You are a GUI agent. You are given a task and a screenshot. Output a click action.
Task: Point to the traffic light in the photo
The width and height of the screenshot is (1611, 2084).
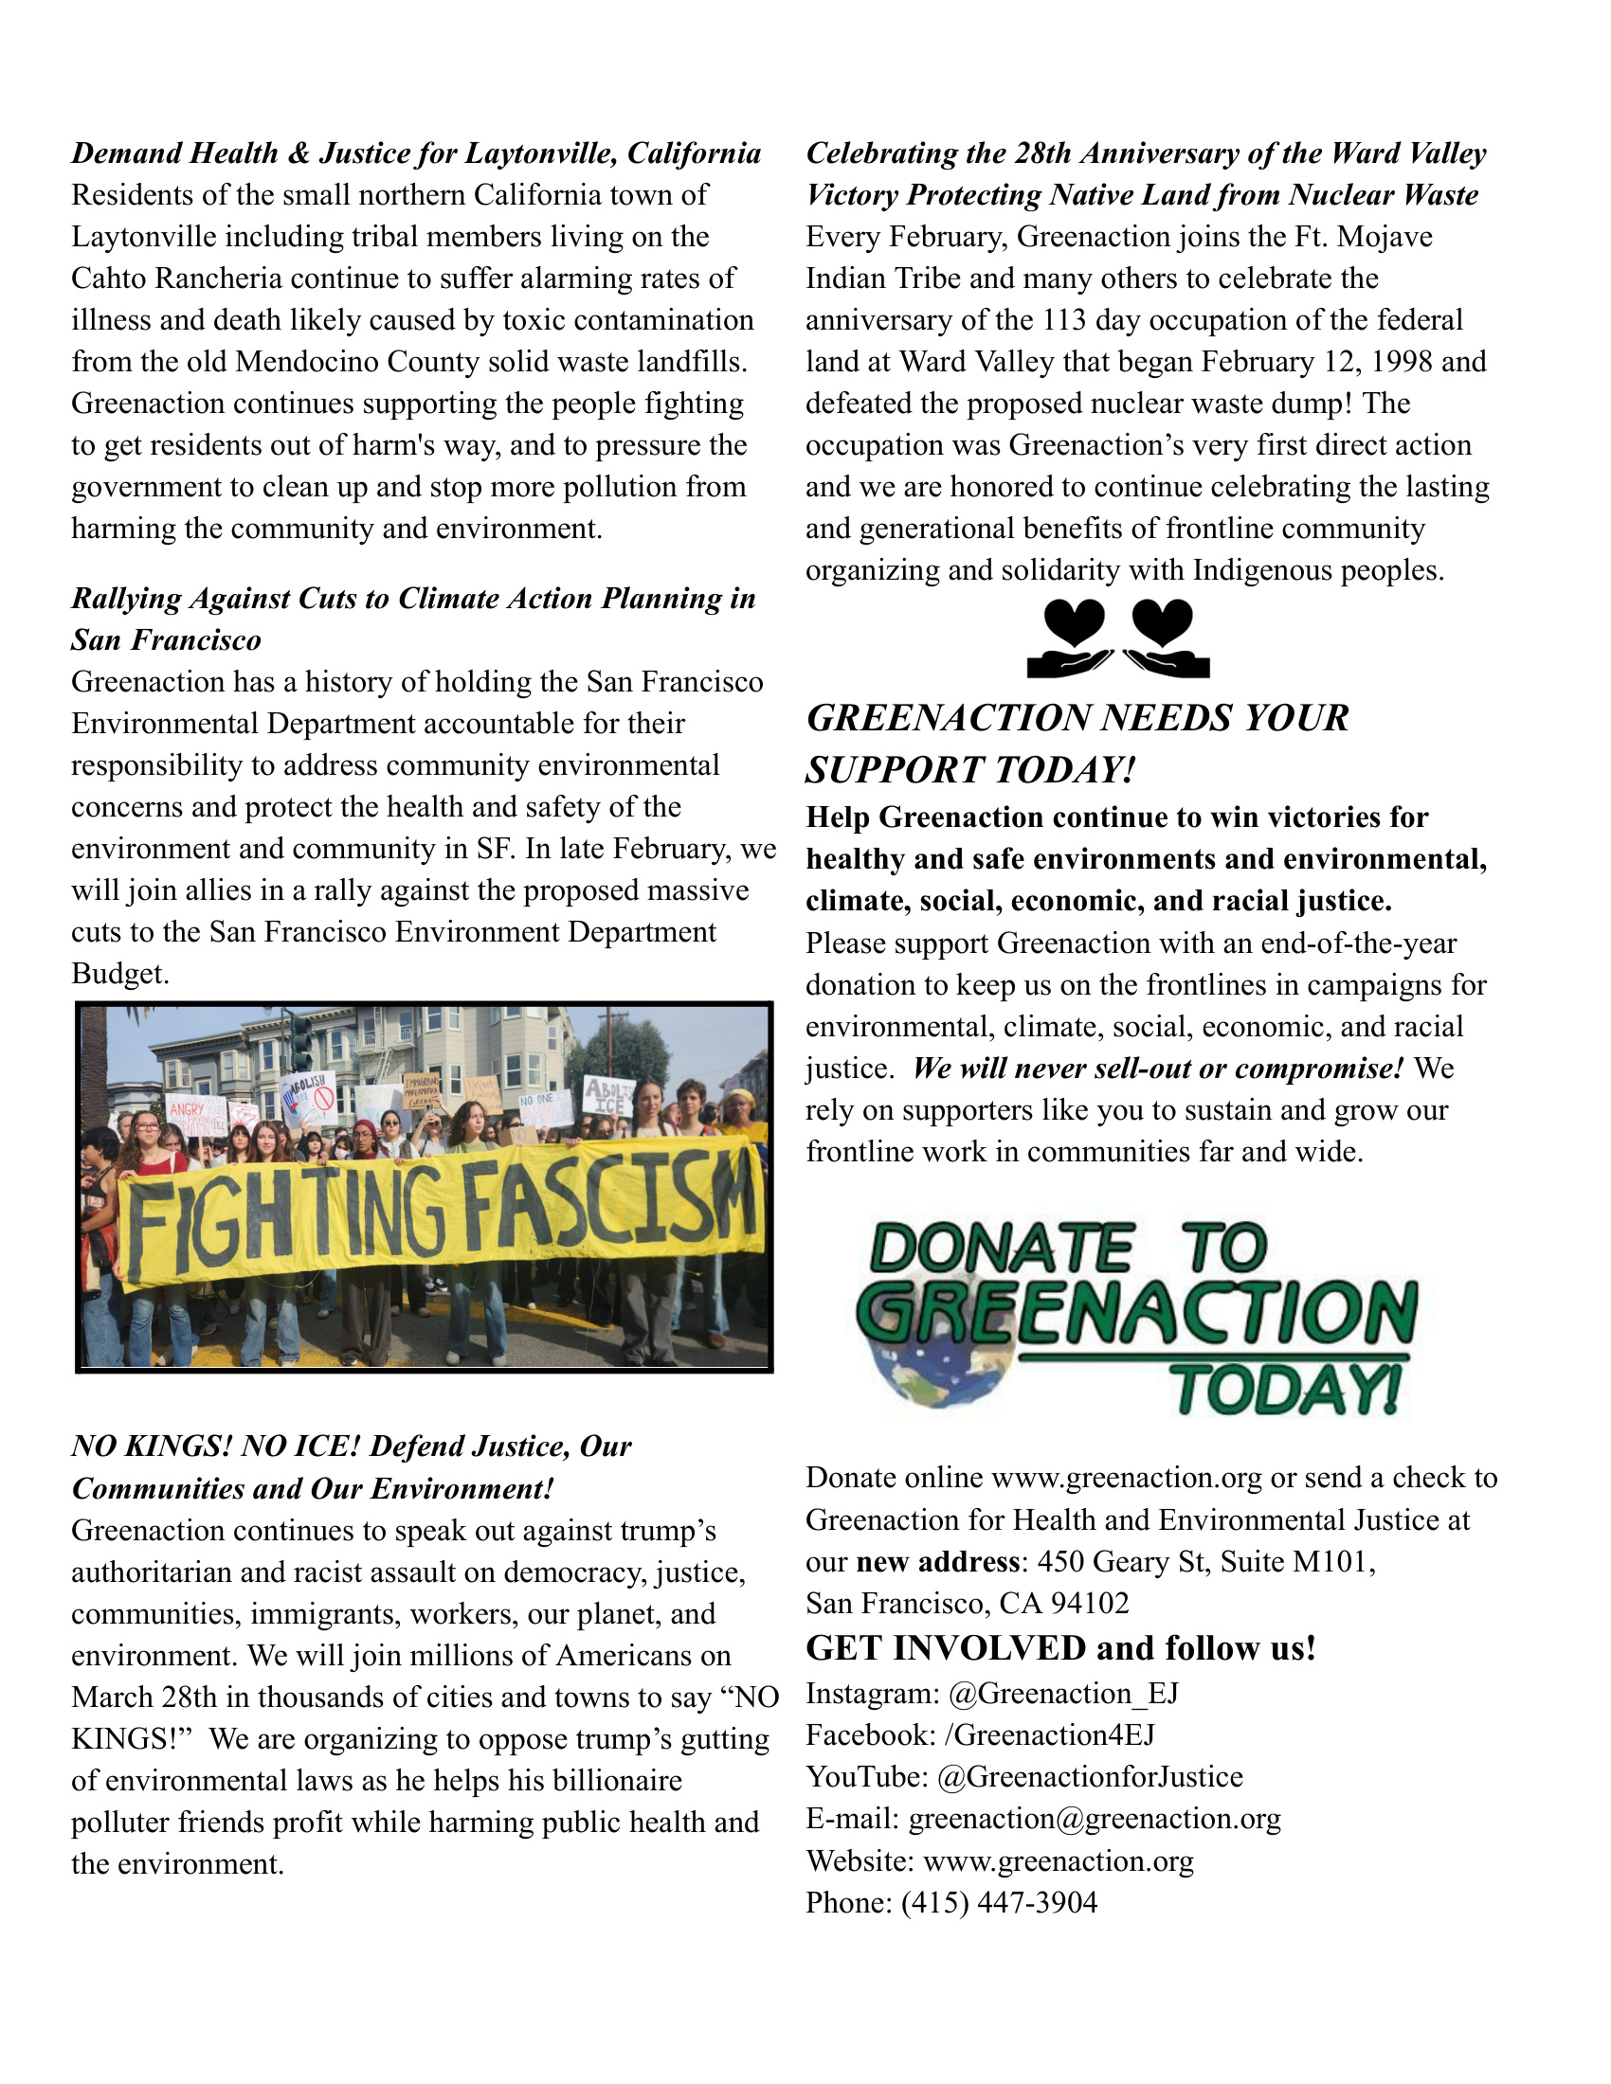[301, 1045]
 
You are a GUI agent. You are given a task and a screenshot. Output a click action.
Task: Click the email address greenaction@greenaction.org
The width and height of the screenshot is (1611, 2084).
[1094, 1819]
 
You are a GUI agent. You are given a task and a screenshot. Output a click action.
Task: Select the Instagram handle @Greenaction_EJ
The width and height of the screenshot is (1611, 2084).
[1063, 1693]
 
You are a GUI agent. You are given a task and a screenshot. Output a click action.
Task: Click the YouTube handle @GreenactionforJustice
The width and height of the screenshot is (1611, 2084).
[1090, 1777]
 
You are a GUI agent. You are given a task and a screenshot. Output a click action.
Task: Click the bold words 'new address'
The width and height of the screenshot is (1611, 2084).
[937, 1561]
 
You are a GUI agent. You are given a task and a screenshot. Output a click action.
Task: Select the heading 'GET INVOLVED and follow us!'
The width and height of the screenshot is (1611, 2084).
[1060, 1648]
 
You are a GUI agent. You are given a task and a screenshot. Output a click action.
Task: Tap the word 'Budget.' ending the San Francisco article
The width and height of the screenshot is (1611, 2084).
[120, 973]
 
